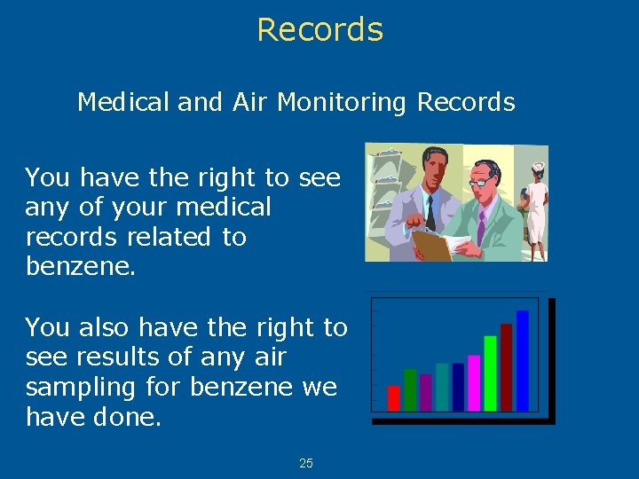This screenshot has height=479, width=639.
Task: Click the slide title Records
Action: (x=319, y=29)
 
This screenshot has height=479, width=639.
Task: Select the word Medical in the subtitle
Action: (x=124, y=102)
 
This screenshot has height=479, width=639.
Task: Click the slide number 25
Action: (x=306, y=463)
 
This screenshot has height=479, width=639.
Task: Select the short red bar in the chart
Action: (x=394, y=397)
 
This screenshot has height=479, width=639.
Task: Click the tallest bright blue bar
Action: (x=523, y=360)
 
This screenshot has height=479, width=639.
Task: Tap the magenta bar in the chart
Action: (x=474, y=382)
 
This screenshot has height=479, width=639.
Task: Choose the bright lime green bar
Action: (x=490, y=373)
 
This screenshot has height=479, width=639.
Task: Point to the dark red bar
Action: (x=507, y=366)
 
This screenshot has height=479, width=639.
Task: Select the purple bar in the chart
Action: (x=426, y=392)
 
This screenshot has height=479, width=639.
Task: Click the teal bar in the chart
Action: (x=442, y=387)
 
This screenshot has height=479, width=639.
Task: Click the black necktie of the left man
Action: (x=430, y=213)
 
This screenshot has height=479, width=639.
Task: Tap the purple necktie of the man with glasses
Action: (x=481, y=227)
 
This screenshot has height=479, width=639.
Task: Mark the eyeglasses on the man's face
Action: (x=482, y=182)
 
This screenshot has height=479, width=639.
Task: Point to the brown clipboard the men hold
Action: (x=432, y=245)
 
